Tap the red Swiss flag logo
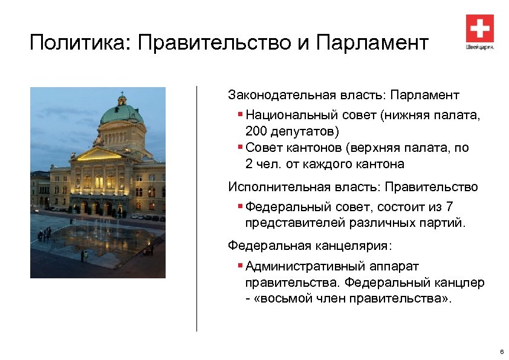pos(479,28)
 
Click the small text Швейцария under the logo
pos(479,47)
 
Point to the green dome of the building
pos(122,113)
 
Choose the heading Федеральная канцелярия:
pos(310,246)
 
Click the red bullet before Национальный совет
pos(241,113)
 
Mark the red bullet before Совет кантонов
pos(241,146)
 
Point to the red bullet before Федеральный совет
pos(241,206)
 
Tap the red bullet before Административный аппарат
pos(241,265)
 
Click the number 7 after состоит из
pos(449,206)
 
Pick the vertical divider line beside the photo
pos(196,208)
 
